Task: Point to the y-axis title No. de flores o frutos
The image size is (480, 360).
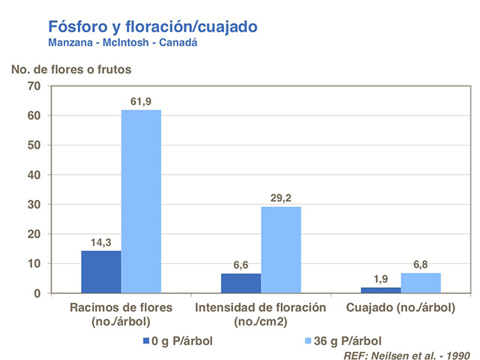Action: (x=71, y=69)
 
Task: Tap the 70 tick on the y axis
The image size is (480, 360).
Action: (x=34, y=86)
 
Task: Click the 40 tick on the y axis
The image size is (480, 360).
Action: (x=34, y=175)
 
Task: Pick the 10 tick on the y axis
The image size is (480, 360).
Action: (x=34, y=263)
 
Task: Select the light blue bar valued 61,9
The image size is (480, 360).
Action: (x=141, y=201)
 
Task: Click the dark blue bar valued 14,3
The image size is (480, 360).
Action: (x=101, y=271)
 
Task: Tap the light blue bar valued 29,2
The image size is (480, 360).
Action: (x=281, y=250)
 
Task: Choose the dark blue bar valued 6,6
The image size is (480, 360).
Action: (x=241, y=283)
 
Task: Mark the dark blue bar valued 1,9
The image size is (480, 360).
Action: (x=381, y=289)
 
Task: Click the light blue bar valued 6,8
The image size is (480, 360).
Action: (x=421, y=283)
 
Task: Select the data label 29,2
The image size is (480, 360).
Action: (x=281, y=198)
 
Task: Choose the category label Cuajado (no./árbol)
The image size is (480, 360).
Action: (x=401, y=307)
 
